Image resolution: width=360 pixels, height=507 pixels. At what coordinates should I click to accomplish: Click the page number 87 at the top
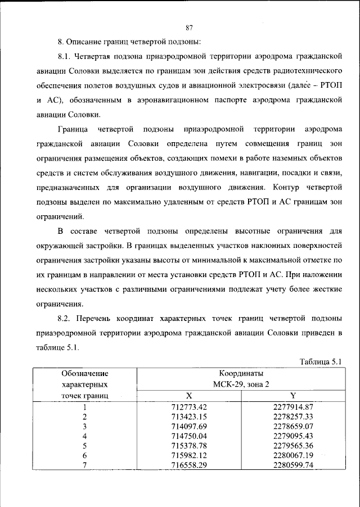pos(189,28)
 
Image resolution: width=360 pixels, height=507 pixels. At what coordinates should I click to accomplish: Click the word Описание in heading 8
pos(83,42)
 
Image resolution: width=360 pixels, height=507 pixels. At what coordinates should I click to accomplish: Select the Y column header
pos(292,396)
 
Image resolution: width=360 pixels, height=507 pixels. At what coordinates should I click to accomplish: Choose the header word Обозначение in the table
pos(85,373)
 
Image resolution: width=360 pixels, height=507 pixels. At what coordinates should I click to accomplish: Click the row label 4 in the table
pos(84,436)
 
